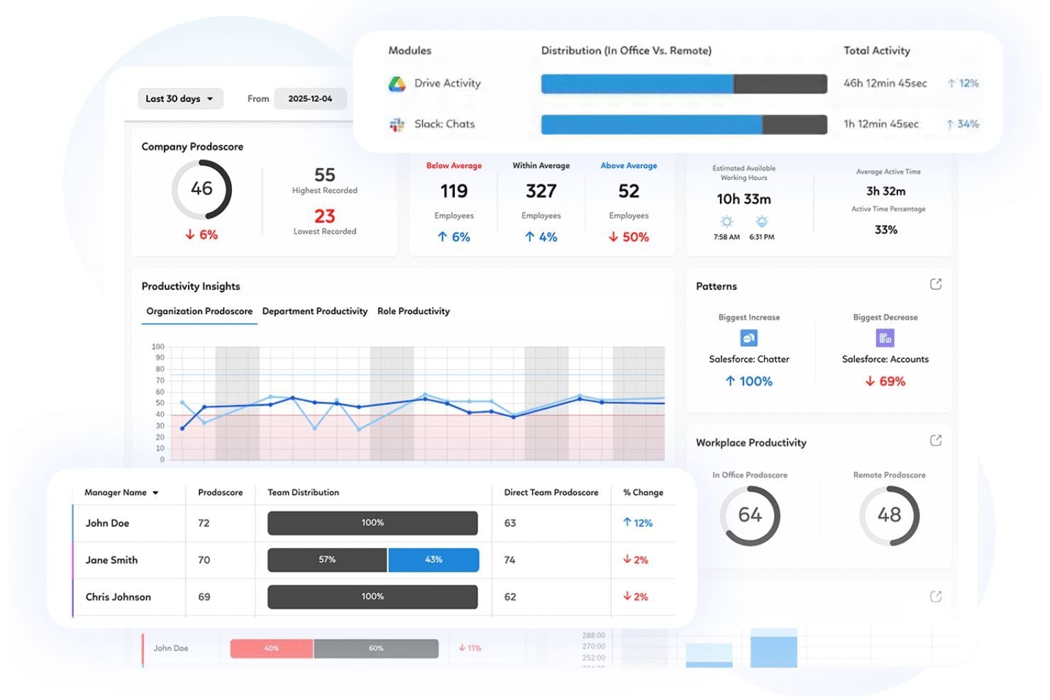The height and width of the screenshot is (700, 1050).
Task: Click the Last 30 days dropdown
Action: click(x=179, y=99)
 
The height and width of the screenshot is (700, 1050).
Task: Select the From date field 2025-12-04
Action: click(x=310, y=99)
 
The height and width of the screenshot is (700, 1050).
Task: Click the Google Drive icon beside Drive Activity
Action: click(x=397, y=84)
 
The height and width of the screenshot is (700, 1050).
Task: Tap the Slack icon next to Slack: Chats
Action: click(x=397, y=125)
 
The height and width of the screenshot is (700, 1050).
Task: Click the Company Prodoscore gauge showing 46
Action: click(x=201, y=189)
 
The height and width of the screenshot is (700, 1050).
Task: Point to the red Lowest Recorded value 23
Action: click(x=324, y=216)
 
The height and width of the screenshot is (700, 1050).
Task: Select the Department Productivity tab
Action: click(x=314, y=311)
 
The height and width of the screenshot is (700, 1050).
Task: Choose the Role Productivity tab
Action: click(x=413, y=311)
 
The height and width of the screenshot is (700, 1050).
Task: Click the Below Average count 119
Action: click(x=453, y=191)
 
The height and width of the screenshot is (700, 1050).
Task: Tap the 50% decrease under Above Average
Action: click(x=629, y=237)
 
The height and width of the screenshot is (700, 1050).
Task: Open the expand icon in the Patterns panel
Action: click(x=936, y=284)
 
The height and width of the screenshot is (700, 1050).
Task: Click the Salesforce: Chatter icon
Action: click(x=748, y=338)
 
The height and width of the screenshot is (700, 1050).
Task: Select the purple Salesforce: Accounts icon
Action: click(x=885, y=338)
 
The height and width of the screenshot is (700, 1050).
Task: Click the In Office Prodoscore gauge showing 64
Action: click(x=750, y=515)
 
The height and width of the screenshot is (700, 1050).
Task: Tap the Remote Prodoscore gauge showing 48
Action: click(x=889, y=515)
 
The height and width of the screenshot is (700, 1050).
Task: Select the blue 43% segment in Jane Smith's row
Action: click(x=433, y=560)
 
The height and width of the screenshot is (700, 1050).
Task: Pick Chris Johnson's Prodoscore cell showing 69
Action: click(x=204, y=597)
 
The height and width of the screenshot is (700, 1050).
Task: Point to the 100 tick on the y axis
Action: click(x=157, y=347)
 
